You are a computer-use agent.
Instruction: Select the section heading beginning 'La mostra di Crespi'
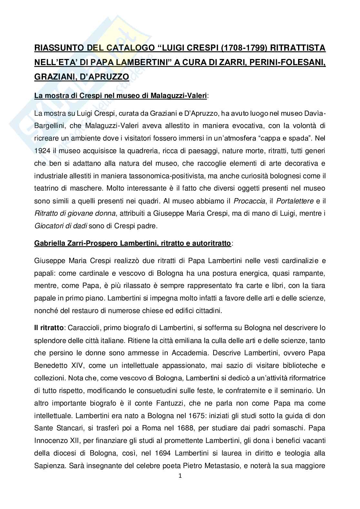[x=121, y=95]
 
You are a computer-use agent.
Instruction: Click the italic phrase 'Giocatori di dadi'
[x=61, y=226]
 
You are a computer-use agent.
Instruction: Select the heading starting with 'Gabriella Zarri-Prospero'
[x=133, y=243]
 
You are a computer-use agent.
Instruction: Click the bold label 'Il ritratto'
[x=49, y=328]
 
